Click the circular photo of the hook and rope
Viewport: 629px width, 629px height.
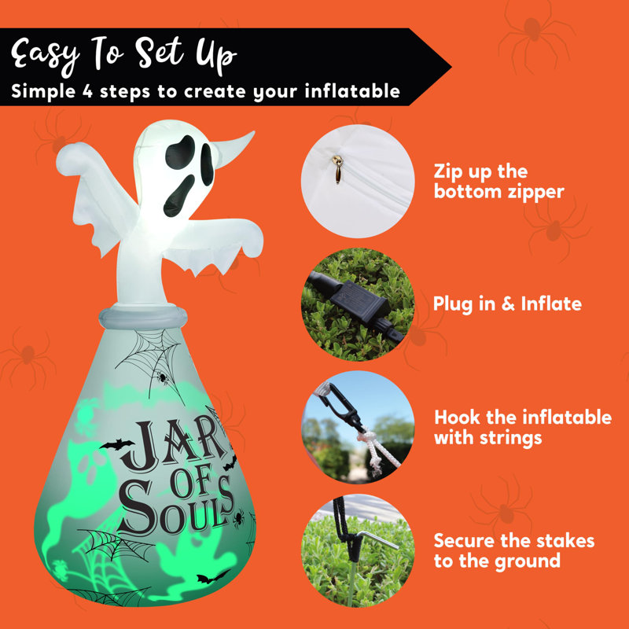tap(358, 425)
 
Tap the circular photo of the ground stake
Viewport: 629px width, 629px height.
tap(358, 550)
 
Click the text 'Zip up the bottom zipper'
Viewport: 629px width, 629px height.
tap(498, 181)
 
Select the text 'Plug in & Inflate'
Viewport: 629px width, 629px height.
tap(507, 303)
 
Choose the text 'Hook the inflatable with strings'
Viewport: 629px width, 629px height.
tap(522, 427)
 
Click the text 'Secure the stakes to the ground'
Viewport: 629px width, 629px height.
tap(514, 550)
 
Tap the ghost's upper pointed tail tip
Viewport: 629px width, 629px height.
tap(247, 138)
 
